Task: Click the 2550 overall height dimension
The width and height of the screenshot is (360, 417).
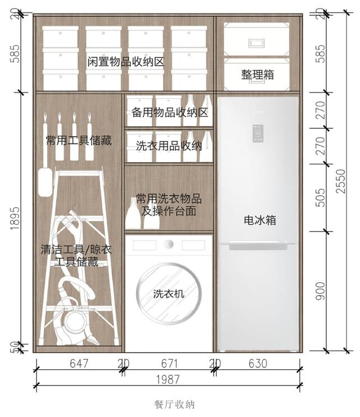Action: point(340,181)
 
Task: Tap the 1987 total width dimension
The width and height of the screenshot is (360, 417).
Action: point(168,379)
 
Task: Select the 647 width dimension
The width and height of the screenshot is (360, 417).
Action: point(79,364)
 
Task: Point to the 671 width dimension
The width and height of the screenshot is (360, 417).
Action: point(169,364)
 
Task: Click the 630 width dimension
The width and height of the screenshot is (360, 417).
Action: point(258,364)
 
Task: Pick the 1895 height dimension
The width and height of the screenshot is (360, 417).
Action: point(15,218)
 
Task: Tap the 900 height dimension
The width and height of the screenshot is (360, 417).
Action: point(321,291)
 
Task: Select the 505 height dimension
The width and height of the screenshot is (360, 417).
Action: point(321,198)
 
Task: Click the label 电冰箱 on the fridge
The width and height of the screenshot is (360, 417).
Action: point(260,220)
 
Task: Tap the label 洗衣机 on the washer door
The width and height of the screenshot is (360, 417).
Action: point(169,294)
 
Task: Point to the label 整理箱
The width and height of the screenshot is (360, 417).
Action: point(258,74)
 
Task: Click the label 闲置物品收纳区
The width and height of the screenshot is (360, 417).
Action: point(125,62)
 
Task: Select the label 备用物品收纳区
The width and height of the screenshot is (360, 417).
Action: point(170,113)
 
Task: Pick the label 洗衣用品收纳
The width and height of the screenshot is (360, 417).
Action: point(169,146)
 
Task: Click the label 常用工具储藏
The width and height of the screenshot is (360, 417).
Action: point(79,140)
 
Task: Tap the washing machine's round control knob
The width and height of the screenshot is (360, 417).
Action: point(169,244)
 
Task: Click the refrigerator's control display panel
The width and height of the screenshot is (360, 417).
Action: point(258,133)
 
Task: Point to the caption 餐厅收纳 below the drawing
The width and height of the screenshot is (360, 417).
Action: point(174,405)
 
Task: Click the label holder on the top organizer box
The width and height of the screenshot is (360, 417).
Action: point(256,43)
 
